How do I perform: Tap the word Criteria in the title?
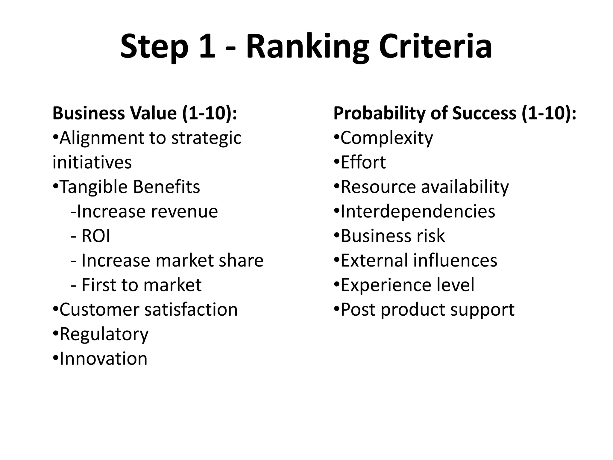click(435, 47)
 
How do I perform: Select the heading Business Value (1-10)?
click(145, 113)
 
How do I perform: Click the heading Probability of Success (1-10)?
click(455, 113)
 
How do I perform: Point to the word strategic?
click(206, 138)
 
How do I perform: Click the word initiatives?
click(92, 162)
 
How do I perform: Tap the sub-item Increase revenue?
click(144, 211)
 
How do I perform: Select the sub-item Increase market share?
click(172, 260)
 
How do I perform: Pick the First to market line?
click(141, 285)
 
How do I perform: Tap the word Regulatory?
click(104, 334)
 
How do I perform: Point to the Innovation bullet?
click(103, 358)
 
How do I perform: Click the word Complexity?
click(387, 138)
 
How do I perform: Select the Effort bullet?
click(363, 162)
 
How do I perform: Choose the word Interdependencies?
click(418, 211)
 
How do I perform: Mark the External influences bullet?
click(419, 260)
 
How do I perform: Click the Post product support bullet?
click(427, 309)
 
